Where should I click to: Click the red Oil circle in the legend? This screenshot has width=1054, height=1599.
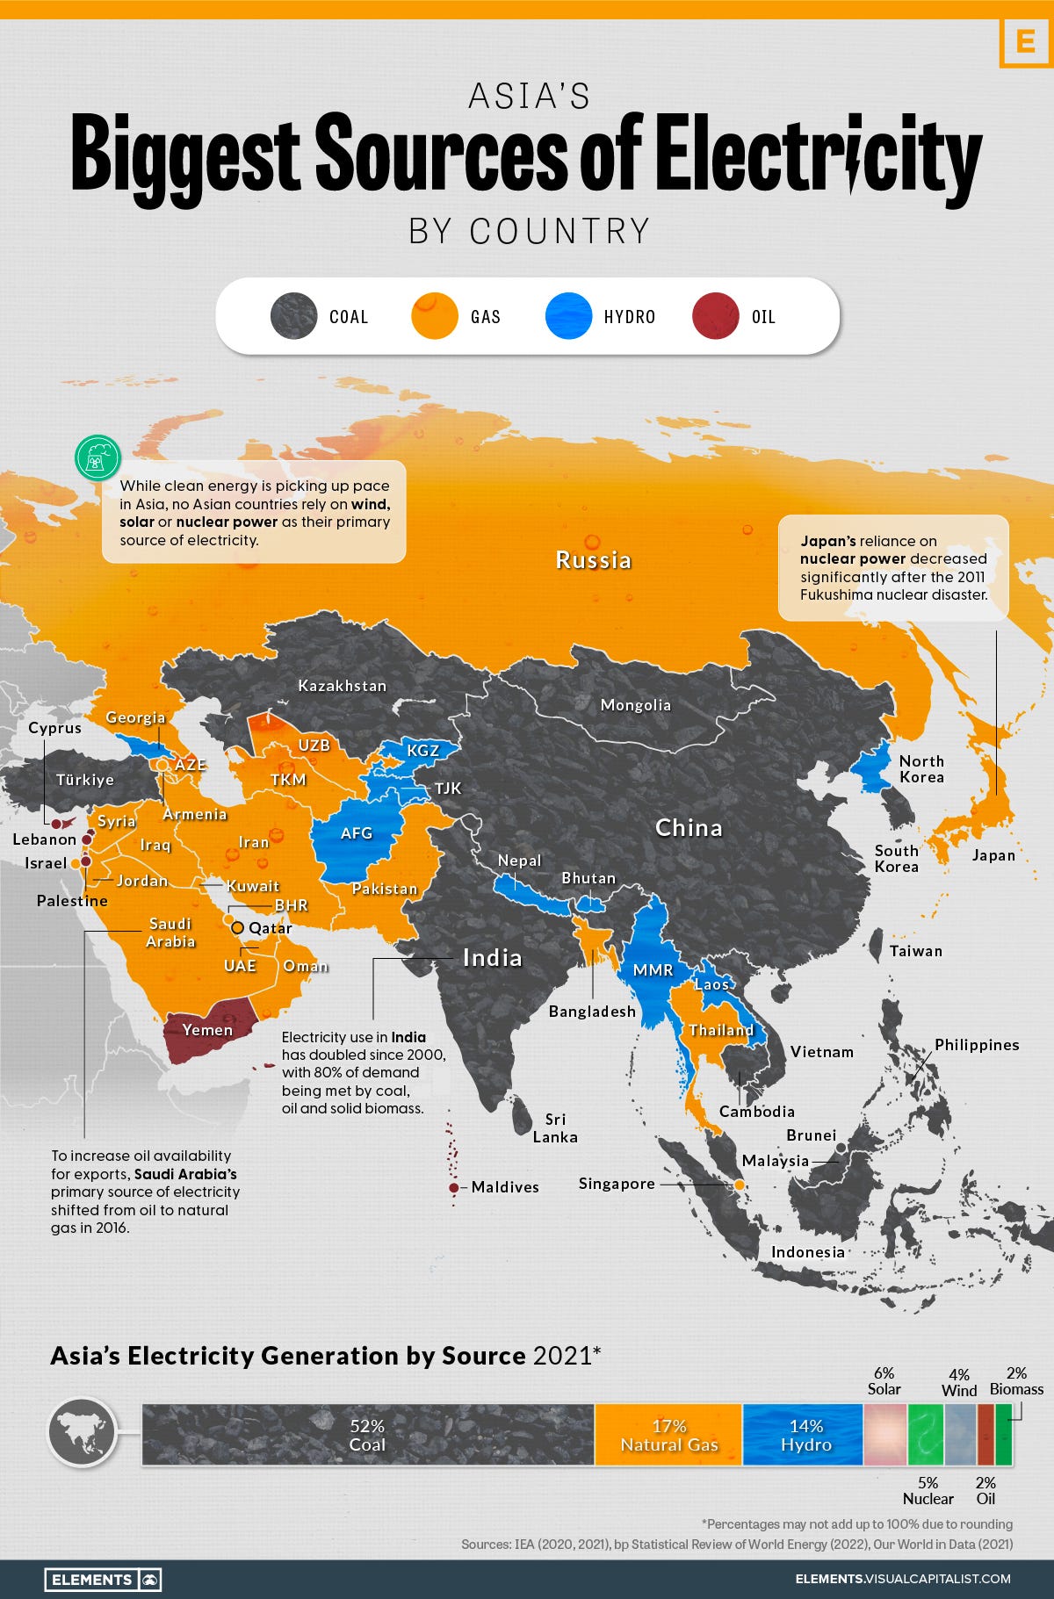point(715,316)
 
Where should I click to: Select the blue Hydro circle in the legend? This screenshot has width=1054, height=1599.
point(568,316)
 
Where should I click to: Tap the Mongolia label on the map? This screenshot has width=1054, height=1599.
point(635,705)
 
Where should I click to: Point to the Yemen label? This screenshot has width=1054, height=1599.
point(207,1030)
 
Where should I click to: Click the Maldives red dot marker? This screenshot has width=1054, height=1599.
point(453,1187)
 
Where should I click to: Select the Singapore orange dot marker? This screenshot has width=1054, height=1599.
point(740,1185)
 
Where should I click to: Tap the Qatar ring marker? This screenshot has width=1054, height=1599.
point(236,927)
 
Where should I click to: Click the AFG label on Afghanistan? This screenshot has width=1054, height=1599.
point(357,832)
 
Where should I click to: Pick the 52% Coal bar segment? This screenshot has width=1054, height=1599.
point(367,1435)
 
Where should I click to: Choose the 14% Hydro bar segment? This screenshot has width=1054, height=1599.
point(805,1435)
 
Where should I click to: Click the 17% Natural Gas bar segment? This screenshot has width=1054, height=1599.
point(668,1435)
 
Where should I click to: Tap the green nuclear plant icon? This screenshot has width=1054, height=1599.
point(97,457)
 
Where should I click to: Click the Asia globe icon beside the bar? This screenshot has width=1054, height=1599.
point(83,1432)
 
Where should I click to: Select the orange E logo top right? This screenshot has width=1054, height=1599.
point(1025,41)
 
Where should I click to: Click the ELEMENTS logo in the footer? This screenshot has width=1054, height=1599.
point(102,1579)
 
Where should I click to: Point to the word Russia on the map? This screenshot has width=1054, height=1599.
point(593,560)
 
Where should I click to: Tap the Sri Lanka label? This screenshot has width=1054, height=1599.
point(555,1127)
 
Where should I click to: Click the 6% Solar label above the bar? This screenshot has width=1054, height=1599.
point(884,1380)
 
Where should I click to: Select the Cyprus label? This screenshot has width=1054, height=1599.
point(54,728)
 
